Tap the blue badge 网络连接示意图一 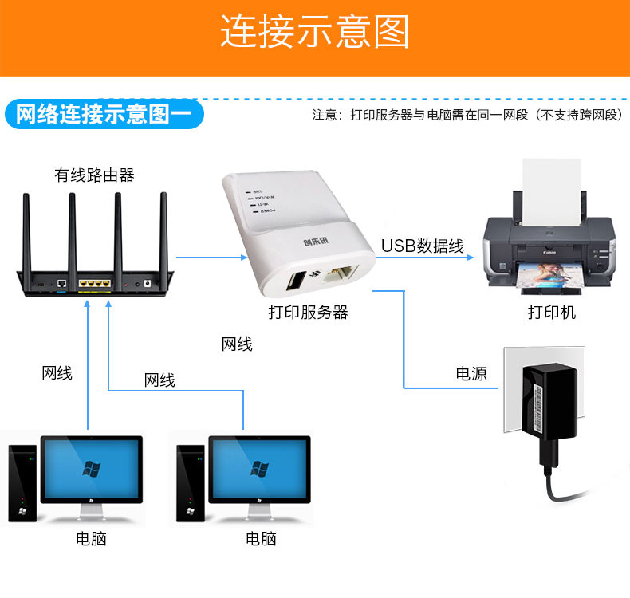[104, 114]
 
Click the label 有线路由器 [94, 175]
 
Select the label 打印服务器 [308, 313]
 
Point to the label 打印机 [551, 313]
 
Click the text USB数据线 [422, 246]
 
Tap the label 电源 [471, 373]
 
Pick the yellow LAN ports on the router [93, 283]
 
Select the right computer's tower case [190, 483]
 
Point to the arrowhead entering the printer [471, 257]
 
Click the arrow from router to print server [211, 257]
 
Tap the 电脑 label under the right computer [261, 539]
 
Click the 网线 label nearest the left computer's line [57, 372]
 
